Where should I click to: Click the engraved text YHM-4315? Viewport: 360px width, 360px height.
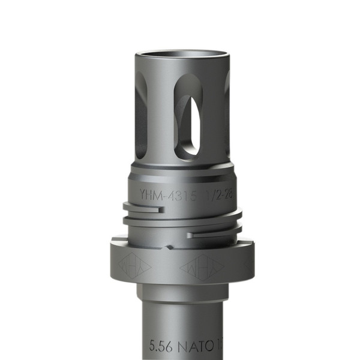tap(163, 194)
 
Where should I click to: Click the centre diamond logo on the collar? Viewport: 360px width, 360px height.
tap(201, 265)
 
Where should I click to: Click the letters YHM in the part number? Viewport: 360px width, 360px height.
tap(148, 194)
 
